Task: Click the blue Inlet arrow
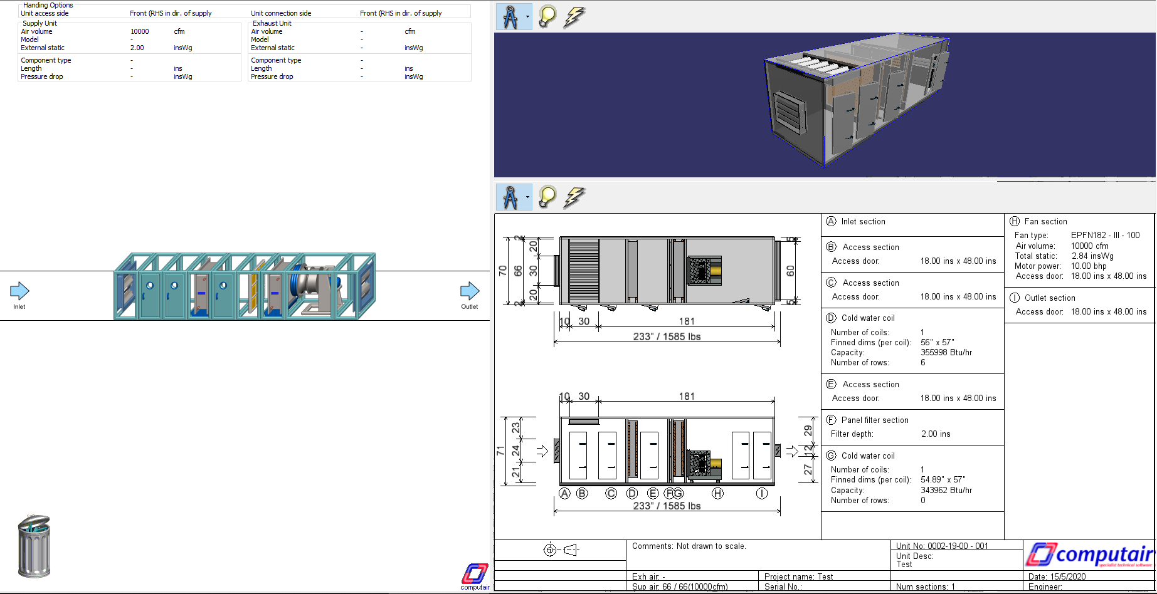click(19, 291)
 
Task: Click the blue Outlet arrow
click(470, 291)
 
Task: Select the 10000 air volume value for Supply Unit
click(139, 31)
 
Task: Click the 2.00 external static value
click(137, 48)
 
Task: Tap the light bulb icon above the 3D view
click(547, 17)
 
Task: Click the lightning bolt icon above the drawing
click(574, 197)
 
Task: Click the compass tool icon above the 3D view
click(510, 17)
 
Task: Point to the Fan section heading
click(1045, 221)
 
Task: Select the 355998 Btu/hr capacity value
click(946, 353)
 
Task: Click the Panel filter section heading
click(875, 420)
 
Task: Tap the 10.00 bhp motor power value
click(1089, 266)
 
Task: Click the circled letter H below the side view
click(718, 494)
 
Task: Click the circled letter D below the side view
click(632, 494)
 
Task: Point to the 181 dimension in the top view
click(687, 321)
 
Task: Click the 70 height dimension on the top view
click(502, 271)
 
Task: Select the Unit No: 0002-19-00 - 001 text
click(942, 546)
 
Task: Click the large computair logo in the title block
click(1089, 555)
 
